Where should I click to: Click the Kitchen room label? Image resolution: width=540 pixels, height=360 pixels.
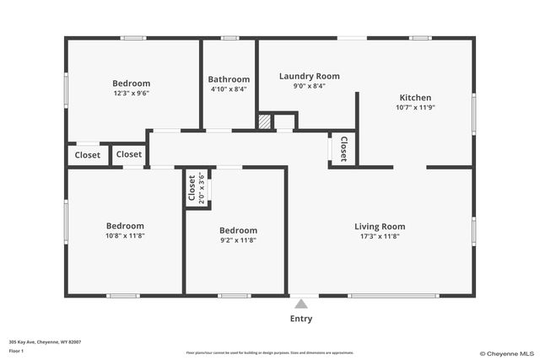tap(415, 98)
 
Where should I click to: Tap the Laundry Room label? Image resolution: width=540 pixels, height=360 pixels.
tap(309, 76)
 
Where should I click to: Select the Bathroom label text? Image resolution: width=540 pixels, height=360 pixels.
tap(229, 79)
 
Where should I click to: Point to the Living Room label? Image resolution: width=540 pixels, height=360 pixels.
tap(379, 226)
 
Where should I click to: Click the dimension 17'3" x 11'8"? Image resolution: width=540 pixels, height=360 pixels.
tap(379, 237)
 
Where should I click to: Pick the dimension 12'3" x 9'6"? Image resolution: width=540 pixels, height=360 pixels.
tap(132, 94)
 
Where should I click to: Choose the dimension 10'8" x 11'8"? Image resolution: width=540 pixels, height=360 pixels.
tap(124, 236)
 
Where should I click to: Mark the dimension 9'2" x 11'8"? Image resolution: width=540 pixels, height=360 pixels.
tap(238, 240)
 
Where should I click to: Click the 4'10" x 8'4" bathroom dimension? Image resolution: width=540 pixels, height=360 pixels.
tap(229, 89)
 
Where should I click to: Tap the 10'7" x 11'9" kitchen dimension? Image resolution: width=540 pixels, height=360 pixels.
tap(415, 107)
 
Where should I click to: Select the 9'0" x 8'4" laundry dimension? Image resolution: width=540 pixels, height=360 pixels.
tap(309, 86)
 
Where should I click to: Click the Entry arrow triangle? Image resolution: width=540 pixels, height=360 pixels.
tap(301, 304)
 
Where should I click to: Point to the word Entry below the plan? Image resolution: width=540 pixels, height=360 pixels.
tap(301, 319)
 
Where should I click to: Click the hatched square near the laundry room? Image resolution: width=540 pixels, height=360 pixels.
tap(265, 122)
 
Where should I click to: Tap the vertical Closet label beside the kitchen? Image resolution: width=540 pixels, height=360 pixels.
tap(344, 148)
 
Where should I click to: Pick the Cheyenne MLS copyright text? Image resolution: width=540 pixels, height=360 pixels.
tap(505, 353)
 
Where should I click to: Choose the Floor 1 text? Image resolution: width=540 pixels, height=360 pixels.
tap(16, 350)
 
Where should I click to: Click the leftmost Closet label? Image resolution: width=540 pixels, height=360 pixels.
tap(88, 155)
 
